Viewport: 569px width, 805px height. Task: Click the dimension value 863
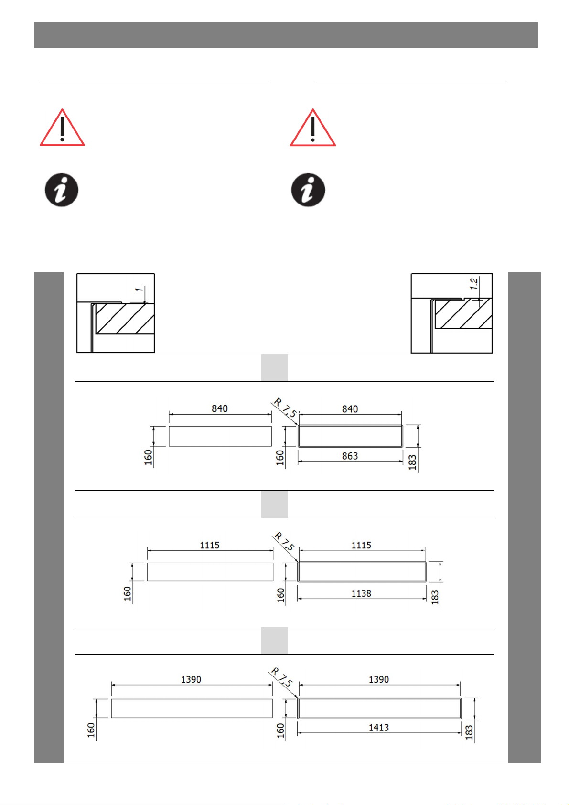coord(349,456)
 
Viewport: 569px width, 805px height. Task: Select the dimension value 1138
coord(361,593)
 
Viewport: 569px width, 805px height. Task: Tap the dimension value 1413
coord(378,728)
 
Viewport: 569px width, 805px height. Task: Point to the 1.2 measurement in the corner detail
coord(474,283)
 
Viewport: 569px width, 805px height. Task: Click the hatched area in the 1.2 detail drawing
coord(463,313)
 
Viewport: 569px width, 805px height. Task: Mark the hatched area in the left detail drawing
coord(125,319)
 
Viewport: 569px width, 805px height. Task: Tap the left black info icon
coord(62,190)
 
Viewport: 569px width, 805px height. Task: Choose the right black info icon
coord(308,190)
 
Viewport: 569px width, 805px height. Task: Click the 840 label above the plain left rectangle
coord(219,408)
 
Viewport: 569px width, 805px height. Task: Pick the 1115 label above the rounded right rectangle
coord(361,545)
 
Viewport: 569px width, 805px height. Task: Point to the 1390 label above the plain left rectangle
coord(191,679)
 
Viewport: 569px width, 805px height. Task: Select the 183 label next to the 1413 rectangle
coord(469,732)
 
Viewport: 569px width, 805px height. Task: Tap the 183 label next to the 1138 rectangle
coord(435,597)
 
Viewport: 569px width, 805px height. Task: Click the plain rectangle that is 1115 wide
coord(210,572)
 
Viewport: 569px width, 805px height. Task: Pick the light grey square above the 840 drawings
coord(274,368)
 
